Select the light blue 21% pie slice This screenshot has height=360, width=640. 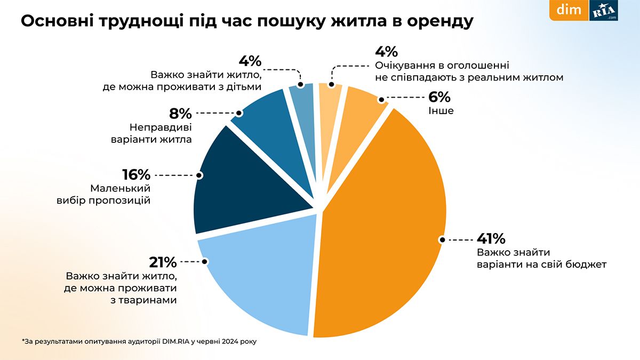[x=256, y=283]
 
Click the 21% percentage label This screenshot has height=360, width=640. [x=163, y=262]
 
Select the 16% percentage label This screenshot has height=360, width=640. [x=136, y=175]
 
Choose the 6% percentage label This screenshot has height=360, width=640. [x=439, y=98]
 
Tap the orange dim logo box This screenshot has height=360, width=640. [x=569, y=10]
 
